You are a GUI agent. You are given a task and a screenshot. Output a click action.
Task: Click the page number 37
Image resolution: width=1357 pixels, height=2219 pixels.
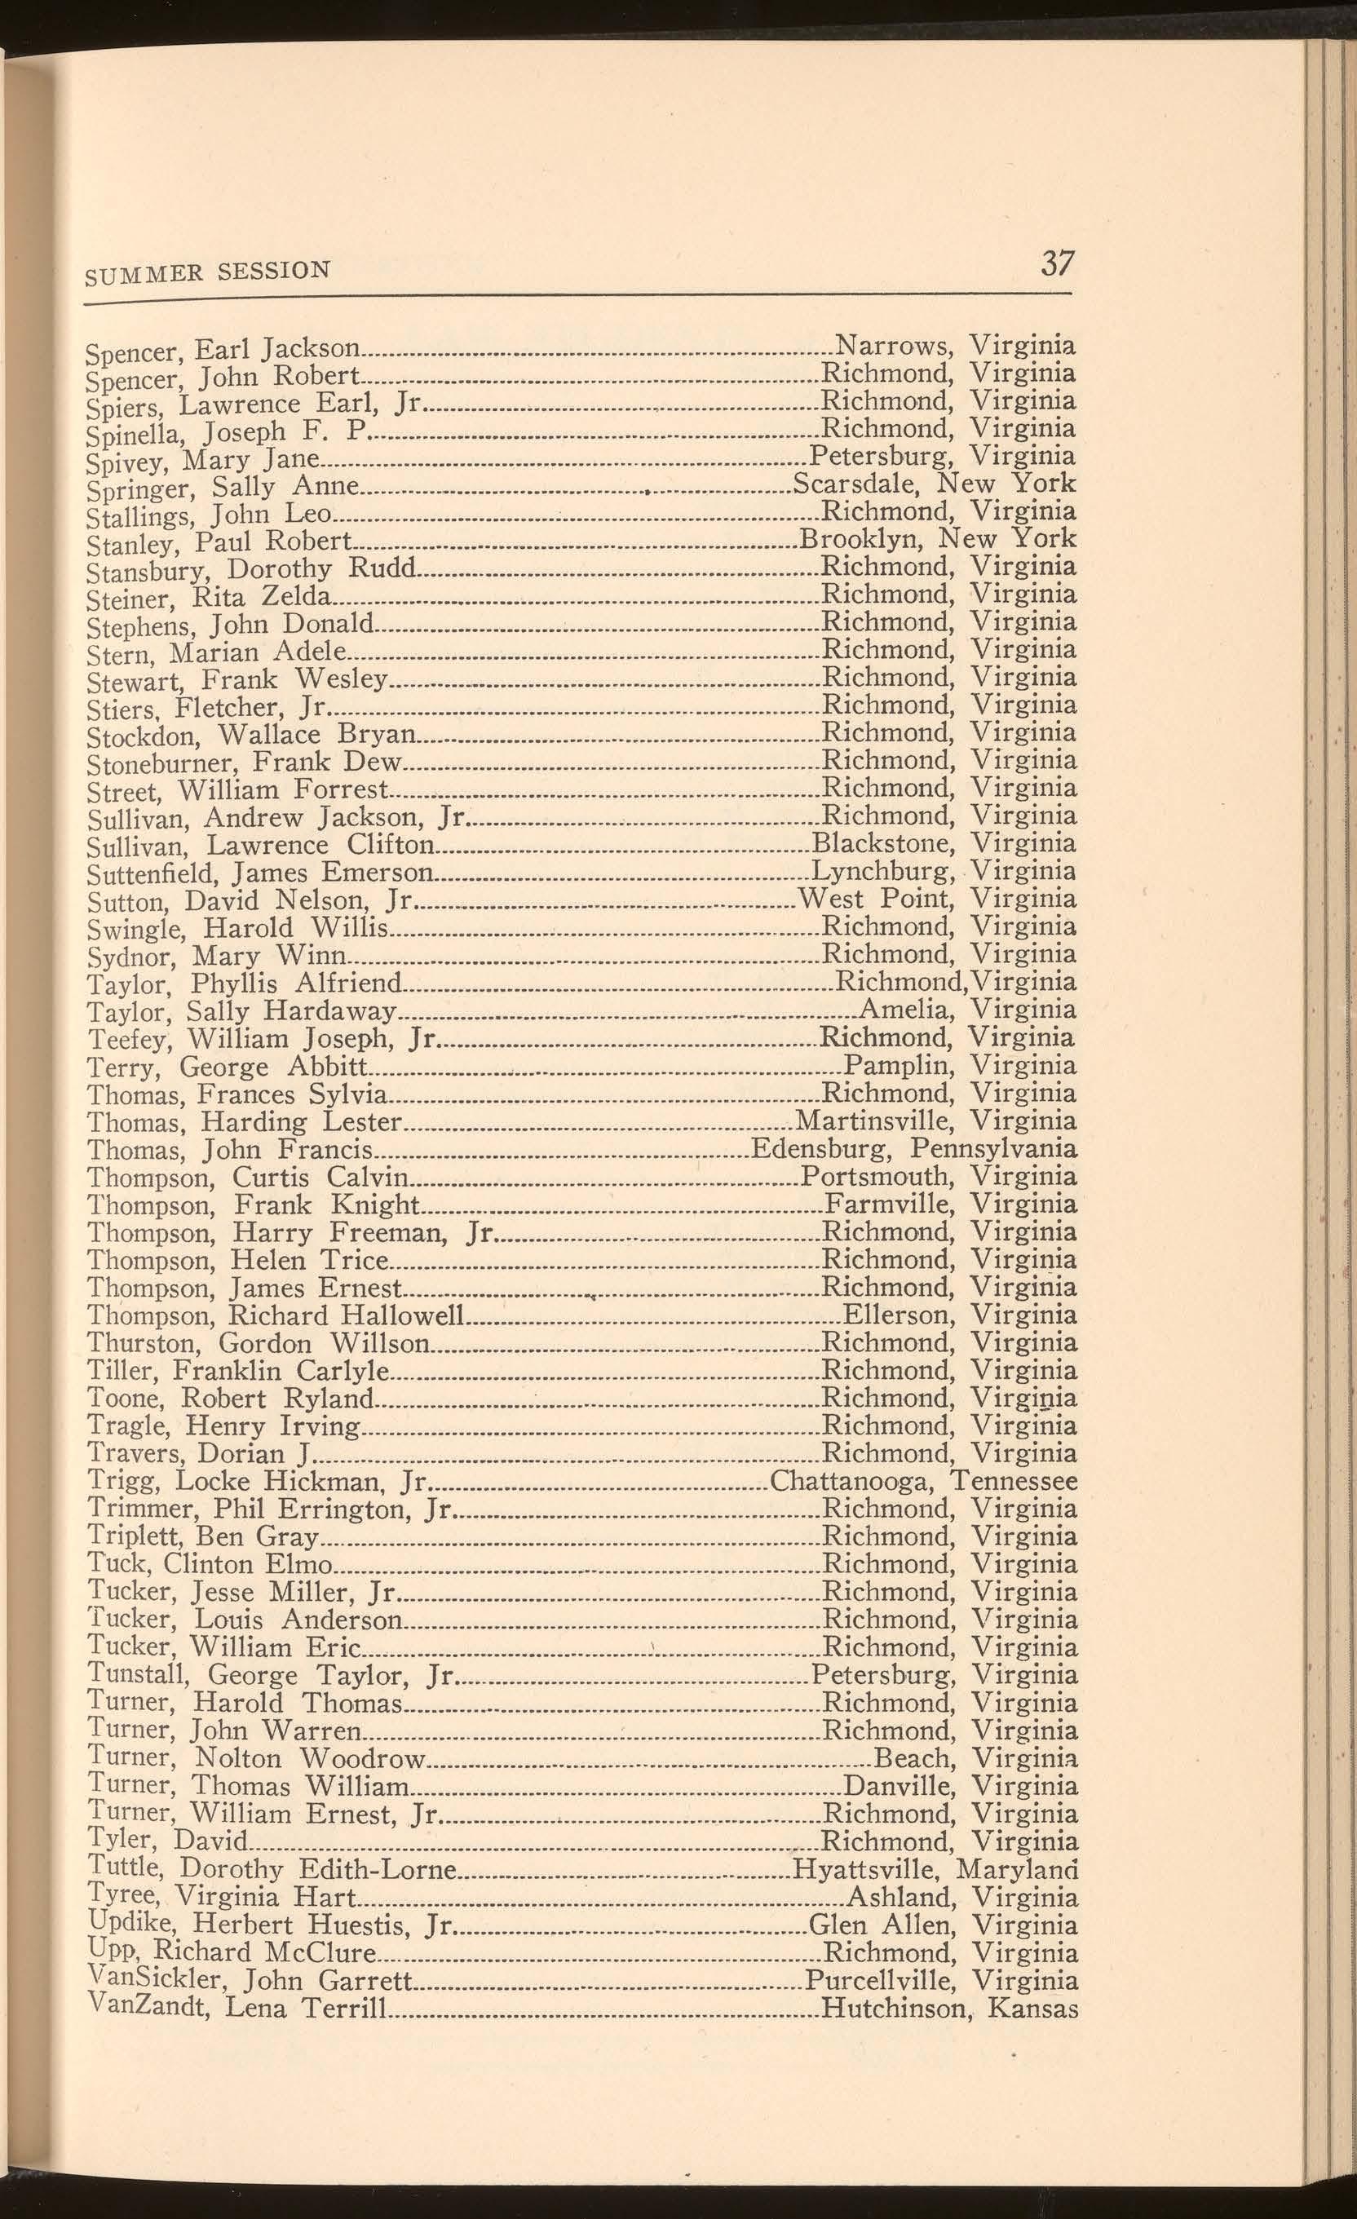coord(1057,264)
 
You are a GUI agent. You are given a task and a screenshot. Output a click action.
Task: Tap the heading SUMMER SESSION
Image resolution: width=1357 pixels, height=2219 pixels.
coord(208,270)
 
